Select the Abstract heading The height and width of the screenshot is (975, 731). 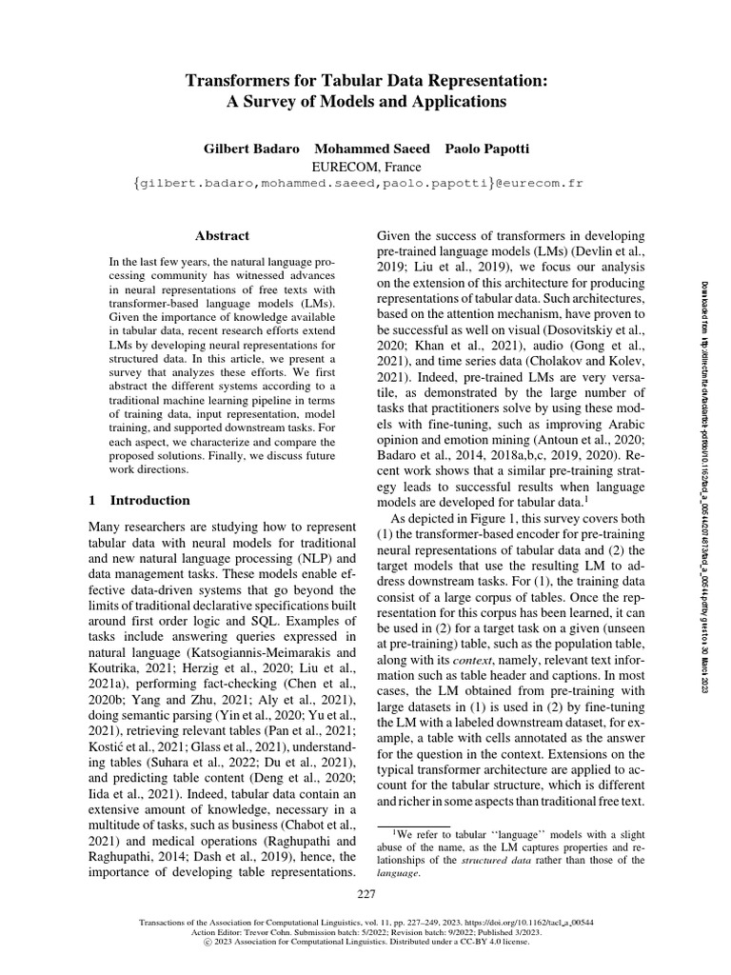pyautogui.click(x=222, y=235)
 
